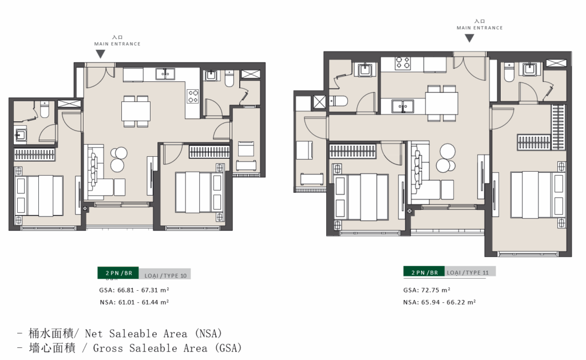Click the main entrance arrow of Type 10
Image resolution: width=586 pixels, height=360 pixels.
click(x=100, y=54)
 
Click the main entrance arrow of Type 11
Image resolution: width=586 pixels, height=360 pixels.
click(x=469, y=38)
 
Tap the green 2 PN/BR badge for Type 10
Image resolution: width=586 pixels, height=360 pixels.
click(x=118, y=273)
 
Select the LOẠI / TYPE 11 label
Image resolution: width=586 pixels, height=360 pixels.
click(x=468, y=272)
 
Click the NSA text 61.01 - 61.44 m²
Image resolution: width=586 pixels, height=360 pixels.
click(x=144, y=302)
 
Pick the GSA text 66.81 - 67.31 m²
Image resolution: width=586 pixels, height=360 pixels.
click(x=144, y=290)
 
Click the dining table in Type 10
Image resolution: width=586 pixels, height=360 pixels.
click(x=136, y=111)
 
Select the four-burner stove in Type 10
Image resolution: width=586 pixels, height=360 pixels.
click(x=193, y=96)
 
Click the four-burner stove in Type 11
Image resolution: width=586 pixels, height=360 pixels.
click(x=403, y=63)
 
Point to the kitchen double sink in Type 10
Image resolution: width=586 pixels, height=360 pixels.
click(x=165, y=74)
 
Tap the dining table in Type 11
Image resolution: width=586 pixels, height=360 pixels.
click(x=442, y=103)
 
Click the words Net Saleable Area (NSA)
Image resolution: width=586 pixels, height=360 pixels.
click(x=153, y=333)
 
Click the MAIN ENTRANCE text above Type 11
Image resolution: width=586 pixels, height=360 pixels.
click(x=480, y=27)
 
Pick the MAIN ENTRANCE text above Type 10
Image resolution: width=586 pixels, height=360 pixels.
click(x=117, y=43)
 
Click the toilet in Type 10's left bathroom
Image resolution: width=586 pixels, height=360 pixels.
click(x=45, y=109)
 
